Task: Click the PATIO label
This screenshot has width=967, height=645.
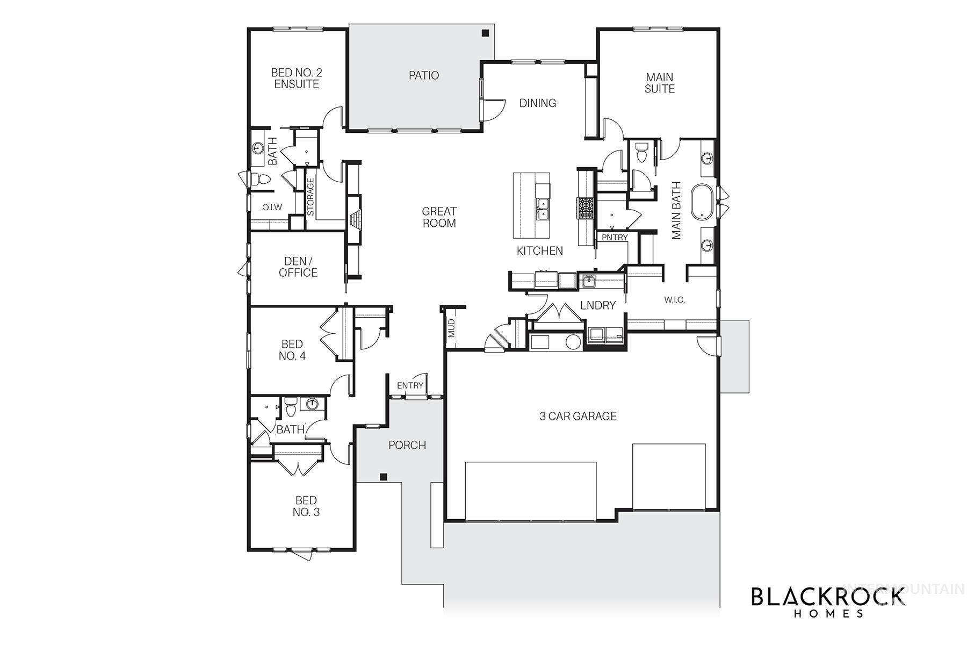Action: click(x=423, y=75)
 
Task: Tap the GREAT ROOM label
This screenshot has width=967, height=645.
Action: click(x=439, y=217)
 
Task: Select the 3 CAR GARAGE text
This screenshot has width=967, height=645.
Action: click(x=578, y=416)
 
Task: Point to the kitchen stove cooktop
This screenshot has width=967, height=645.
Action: click(x=585, y=208)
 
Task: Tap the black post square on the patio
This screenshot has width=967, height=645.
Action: click(x=485, y=33)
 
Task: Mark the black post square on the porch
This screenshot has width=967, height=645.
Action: click(x=384, y=477)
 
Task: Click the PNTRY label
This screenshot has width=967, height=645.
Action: click(x=615, y=238)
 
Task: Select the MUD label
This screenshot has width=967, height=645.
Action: click(x=451, y=328)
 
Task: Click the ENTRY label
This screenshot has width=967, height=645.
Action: click(x=410, y=385)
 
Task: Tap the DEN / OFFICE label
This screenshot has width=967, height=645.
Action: click(x=298, y=267)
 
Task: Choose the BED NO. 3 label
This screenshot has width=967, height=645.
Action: click(x=306, y=506)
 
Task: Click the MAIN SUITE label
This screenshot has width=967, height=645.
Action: click(x=659, y=83)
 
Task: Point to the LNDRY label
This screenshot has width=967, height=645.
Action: click(x=597, y=305)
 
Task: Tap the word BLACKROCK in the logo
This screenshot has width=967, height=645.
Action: click(x=827, y=598)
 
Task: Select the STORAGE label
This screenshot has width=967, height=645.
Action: click(x=311, y=197)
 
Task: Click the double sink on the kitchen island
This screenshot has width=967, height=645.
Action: click(x=543, y=209)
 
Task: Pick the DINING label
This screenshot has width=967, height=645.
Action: click(x=537, y=103)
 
